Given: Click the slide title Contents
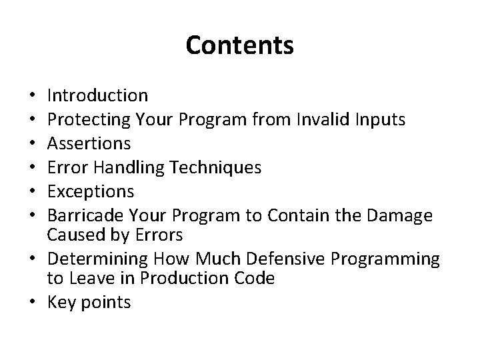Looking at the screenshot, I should click(239, 46).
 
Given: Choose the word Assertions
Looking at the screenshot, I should click(89, 143).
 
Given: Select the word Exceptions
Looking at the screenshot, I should click(91, 191).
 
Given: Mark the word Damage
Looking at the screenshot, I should click(401, 216).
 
